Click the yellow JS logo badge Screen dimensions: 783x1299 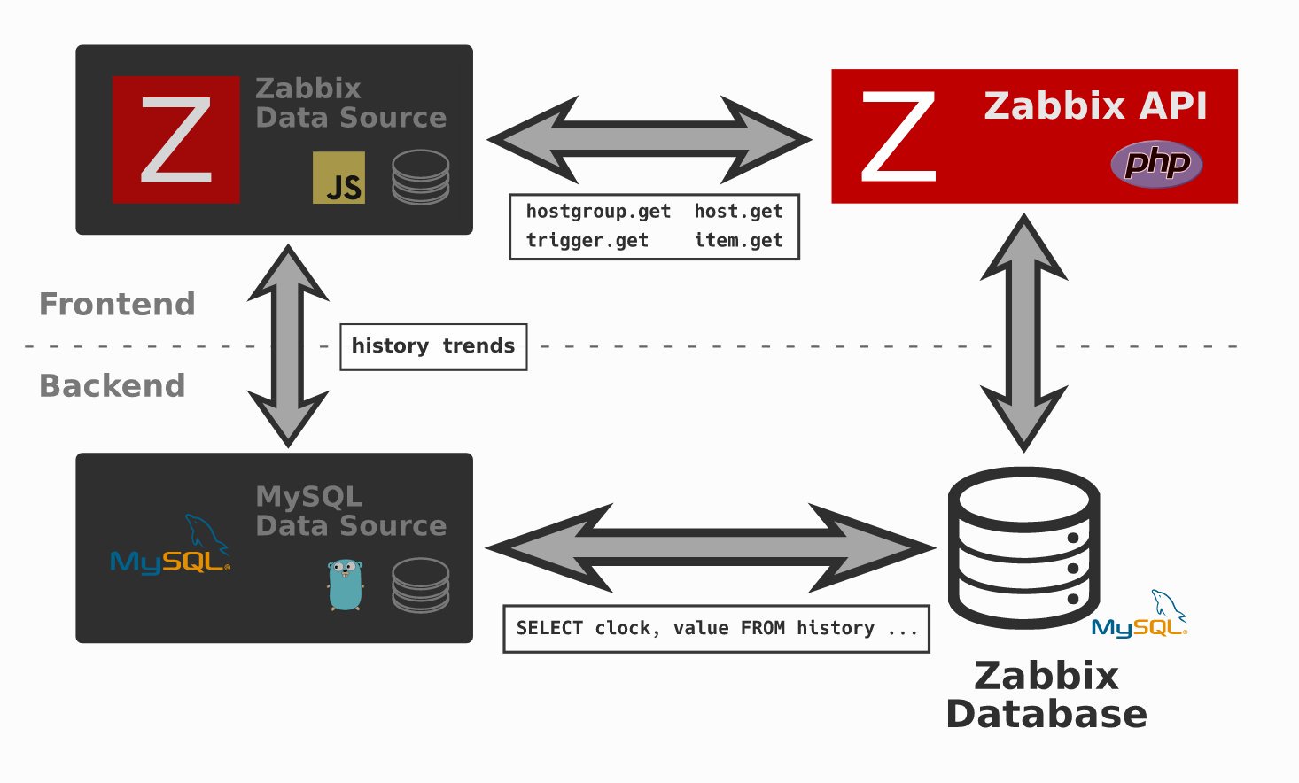tap(338, 177)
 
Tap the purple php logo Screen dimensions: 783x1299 tap(1156, 164)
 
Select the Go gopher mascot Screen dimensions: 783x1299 tap(345, 585)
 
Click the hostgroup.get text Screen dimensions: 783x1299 tap(598, 212)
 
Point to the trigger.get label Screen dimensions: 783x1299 tap(587, 241)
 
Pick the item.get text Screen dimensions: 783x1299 tap(738, 241)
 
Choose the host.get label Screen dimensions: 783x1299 tap(738, 212)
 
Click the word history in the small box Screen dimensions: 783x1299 tap(390, 346)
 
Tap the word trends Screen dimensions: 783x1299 tap(478, 346)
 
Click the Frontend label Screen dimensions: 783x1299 tap(117, 305)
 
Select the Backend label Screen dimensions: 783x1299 tap(113, 386)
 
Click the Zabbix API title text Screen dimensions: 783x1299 tap(1095, 106)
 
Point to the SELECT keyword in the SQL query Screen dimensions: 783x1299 tap(549, 629)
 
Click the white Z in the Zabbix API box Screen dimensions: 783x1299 tap(898, 136)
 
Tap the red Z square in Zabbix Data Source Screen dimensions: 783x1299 tap(175, 139)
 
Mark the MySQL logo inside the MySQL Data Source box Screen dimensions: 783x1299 tap(170, 549)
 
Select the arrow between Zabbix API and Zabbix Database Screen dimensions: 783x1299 tap(1024, 332)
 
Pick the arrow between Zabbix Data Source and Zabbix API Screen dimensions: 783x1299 tap(649, 139)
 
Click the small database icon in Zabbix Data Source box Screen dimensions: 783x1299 tap(420, 177)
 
